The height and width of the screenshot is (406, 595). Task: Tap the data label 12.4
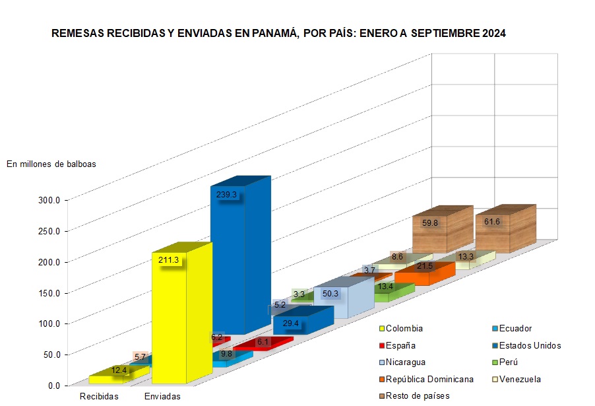[119, 370]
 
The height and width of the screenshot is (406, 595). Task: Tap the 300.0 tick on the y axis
[49, 200]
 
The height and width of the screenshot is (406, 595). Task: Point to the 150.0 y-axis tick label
[49, 293]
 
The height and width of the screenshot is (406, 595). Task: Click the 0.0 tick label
[53, 386]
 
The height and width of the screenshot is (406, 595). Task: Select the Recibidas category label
[99, 396]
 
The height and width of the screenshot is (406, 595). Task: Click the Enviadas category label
[161, 396]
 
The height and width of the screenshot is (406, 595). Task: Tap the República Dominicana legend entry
[429, 379]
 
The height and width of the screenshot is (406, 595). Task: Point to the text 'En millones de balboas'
[51, 164]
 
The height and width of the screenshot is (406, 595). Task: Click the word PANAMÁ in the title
[273, 32]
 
